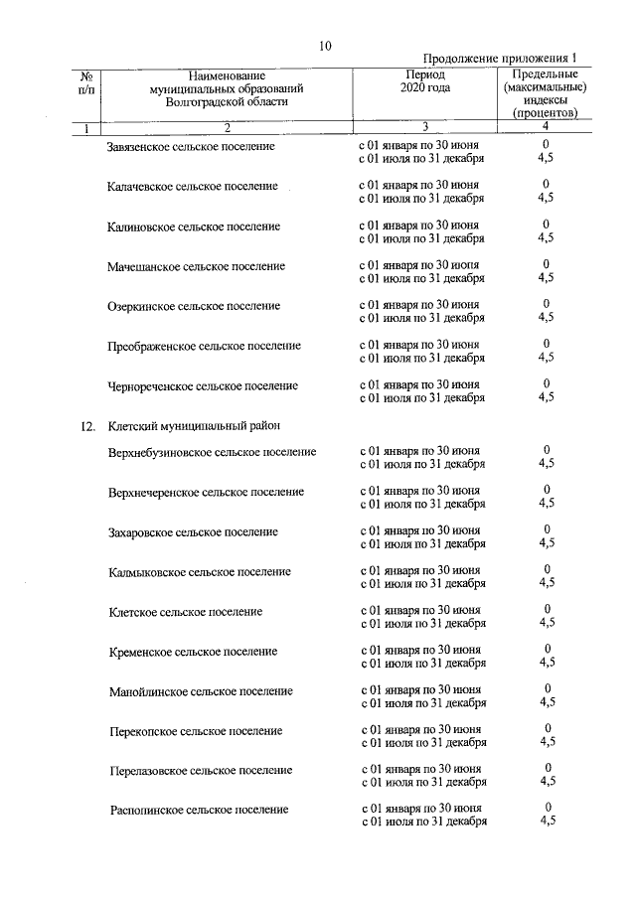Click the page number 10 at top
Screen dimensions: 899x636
(x=326, y=46)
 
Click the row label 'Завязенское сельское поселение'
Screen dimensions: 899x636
(x=191, y=147)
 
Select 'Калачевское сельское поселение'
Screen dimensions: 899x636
(x=191, y=187)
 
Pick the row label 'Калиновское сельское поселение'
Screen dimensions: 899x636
(x=194, y=226)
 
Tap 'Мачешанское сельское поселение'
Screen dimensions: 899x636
(x=196, y=266)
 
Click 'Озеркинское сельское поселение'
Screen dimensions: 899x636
(x=194, y=306)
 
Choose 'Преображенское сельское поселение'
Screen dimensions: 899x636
(x=204, y=346)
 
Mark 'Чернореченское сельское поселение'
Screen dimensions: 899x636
(x=203, y=385)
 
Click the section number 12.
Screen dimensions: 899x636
(x=87, y=427)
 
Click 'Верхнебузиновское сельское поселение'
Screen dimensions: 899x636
(x=213, y=452)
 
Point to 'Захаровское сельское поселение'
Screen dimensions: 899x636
(x=193, y=532)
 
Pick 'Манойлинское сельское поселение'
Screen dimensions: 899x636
(x=200, y=691)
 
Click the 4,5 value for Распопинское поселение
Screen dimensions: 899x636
(x=547, y=822)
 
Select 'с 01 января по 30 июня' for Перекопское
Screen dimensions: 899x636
(x=420, y=729)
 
